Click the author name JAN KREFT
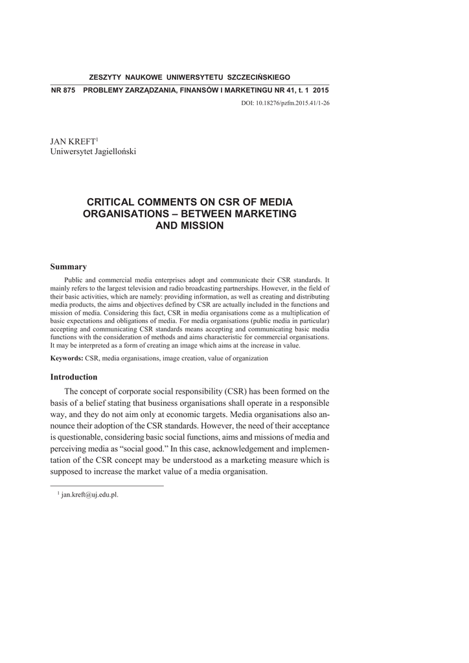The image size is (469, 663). [x=72, y=141]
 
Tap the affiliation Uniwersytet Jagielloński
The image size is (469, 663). [x=93, y=152]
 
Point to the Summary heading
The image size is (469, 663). [x=69, y=267]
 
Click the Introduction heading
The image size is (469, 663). [x=74, y=377]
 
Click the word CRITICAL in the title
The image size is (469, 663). [x=115, y=202]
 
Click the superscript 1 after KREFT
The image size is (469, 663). [x=97, y=139]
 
